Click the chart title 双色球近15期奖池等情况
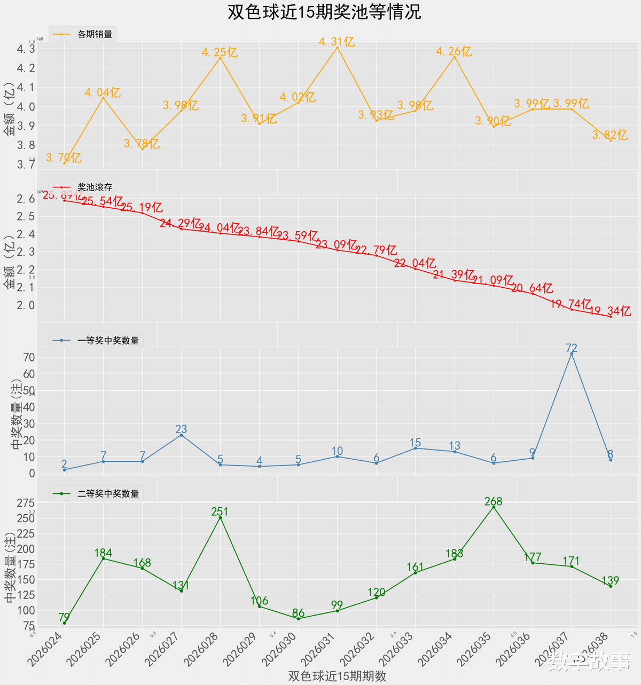point(324,12)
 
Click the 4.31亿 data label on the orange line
point(337,42)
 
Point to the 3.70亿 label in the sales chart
point(64,158)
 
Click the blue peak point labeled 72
point(572,353)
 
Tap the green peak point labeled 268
point(494,507)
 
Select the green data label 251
point(220,511)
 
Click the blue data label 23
point(181,429)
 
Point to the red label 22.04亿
point(415,263)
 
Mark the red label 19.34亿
point(610,311)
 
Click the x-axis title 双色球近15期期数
point(337,676)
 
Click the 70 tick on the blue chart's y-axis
point(28,357)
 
